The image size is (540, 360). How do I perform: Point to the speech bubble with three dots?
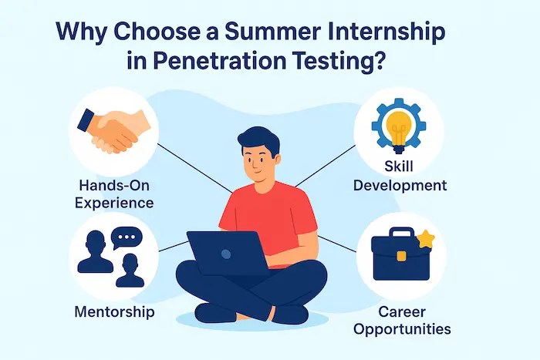coord(127,238)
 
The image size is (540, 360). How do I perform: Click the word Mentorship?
coord(114,311)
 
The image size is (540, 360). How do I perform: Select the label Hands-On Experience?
coord(114,193)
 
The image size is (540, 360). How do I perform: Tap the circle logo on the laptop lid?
coord(226,253)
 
